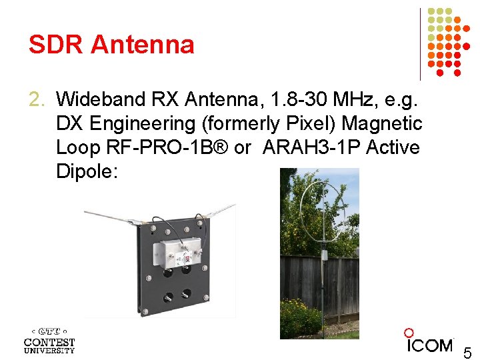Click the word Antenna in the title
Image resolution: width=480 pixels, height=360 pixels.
coord(142,45)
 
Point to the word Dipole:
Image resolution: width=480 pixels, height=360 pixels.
coord(87,171)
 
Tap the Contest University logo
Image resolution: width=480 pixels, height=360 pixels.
coord(49,340)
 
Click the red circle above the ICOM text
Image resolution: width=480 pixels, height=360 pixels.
coord(409,333)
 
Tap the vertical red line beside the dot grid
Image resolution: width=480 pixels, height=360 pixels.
coord(421,44)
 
